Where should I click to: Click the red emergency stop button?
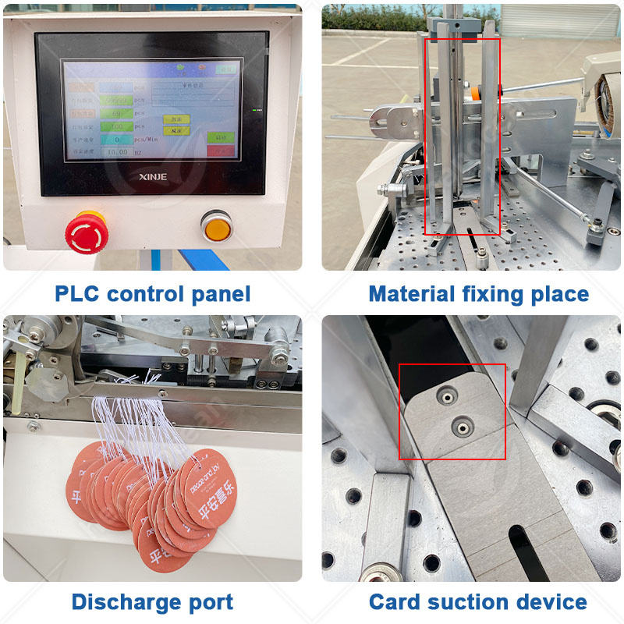86,231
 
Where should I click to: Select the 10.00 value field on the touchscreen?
115,153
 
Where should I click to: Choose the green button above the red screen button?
176,119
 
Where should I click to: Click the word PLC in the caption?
76,294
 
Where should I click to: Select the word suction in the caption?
479,602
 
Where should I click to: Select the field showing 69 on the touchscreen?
115,113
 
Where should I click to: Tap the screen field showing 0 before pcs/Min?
115,140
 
